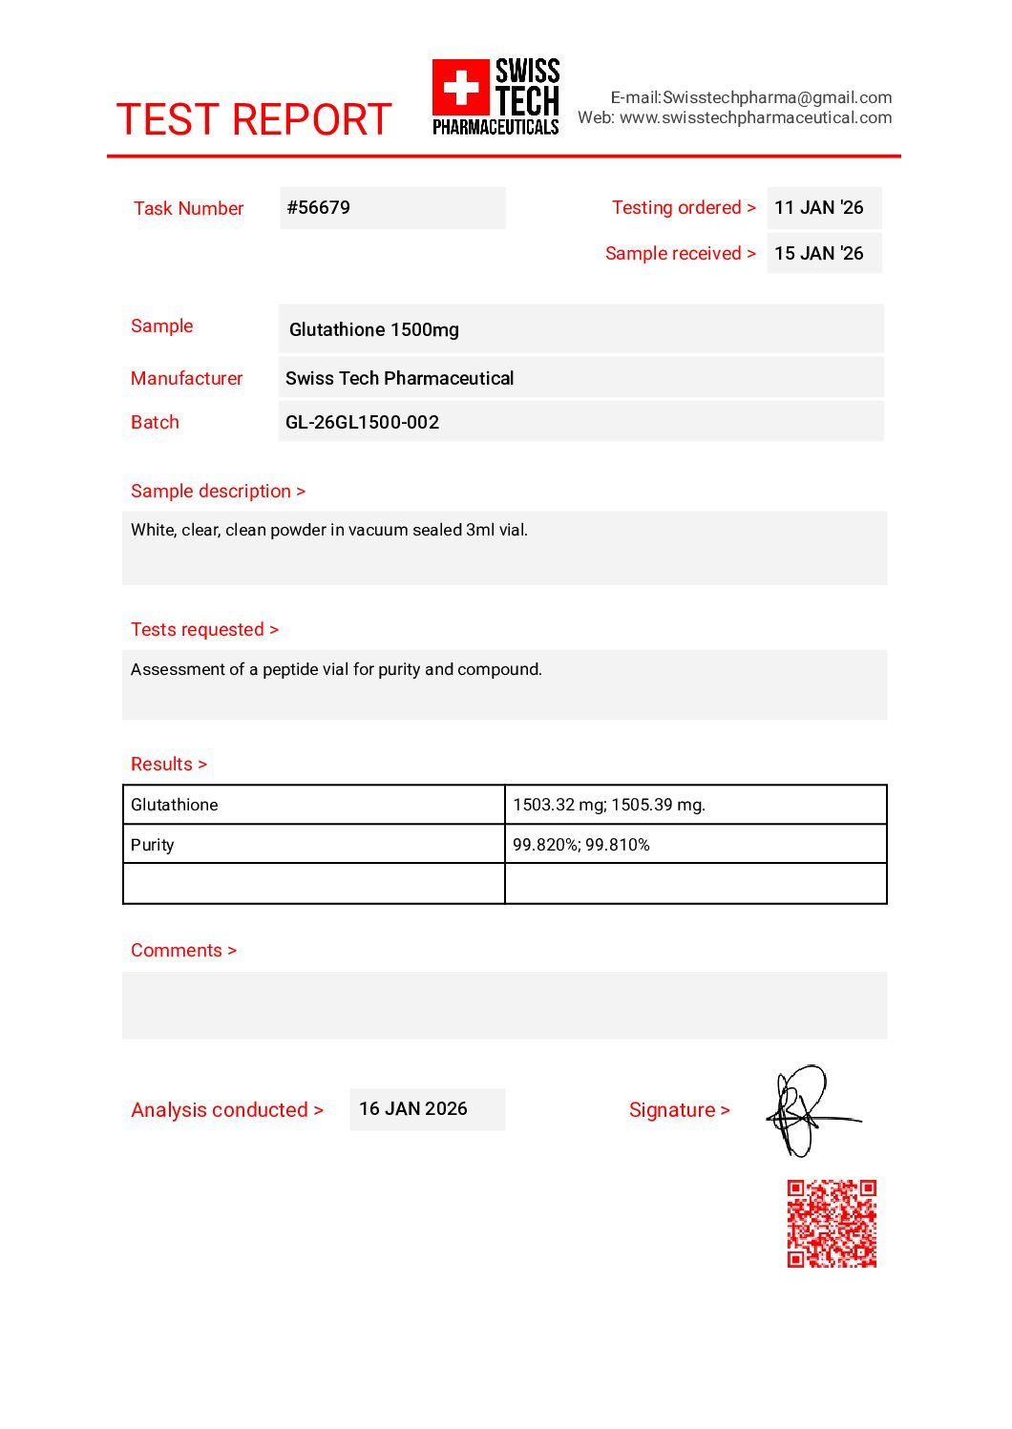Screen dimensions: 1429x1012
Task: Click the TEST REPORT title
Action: coord(253,119)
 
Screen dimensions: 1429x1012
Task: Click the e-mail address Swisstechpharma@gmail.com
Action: coord(777,97)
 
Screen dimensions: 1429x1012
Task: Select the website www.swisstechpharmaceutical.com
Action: coord(755,117)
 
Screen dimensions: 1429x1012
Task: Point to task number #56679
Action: coord(319,207)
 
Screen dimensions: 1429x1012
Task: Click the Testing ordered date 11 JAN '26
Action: coord(818,207)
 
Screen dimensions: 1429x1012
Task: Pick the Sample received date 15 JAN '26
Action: coord(818,253)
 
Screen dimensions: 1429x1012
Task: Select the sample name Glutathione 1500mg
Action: coord(373,329)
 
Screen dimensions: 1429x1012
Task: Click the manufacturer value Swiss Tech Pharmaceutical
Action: coord(399,378)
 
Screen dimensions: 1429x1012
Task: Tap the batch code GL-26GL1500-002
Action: coord(362,422)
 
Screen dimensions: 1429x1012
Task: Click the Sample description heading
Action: coord(218,491)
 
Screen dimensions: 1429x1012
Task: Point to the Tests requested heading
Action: coord(204,629)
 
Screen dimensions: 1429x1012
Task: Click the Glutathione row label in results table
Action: coord(175,805)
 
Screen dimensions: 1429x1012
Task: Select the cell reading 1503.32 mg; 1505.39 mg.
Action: coord(609,805)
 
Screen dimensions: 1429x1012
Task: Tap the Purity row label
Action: coord(153,845)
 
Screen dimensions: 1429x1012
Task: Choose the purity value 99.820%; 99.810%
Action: coord(581,845)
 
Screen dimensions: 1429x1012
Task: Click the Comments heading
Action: coord(183,950)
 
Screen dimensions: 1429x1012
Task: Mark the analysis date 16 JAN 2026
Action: coord(413,1108)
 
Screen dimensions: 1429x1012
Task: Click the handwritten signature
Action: coord(807,1110)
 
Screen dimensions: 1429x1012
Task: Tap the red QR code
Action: coord(832,1223)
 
